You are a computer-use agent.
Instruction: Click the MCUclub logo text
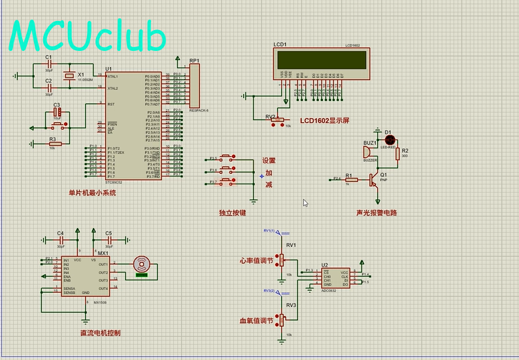88,36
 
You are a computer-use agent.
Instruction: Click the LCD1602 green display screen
322,59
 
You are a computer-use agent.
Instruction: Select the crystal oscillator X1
70,77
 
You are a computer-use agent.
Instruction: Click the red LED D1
388,140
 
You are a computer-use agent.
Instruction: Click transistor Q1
374,178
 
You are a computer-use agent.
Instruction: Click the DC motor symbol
141,264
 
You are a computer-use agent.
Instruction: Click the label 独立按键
232,213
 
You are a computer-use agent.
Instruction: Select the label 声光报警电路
377,213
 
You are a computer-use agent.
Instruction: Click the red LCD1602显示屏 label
325,121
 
